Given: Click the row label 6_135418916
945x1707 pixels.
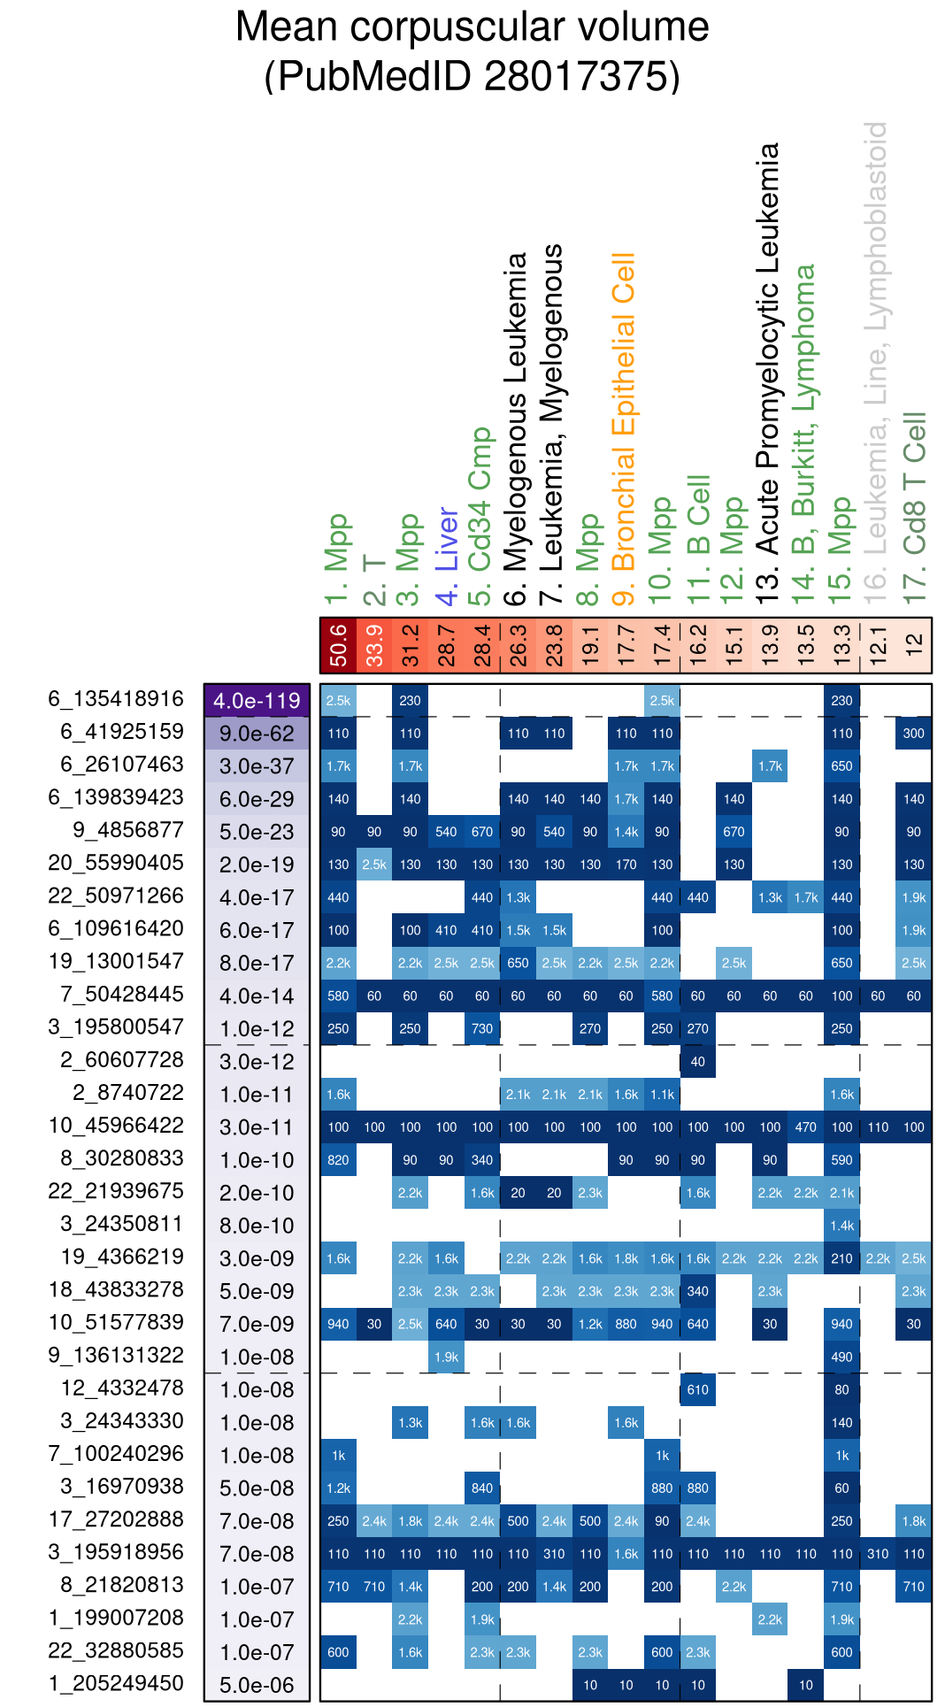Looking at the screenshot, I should pos(116,699).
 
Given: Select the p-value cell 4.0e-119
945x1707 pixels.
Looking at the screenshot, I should pos(257,701).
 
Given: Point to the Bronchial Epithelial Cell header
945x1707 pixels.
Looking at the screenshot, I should pos(624,425).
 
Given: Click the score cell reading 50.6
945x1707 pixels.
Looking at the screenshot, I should pos(338,645).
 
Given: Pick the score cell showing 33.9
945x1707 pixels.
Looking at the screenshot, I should pos(374,645).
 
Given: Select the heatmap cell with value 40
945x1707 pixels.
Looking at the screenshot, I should pos(698,1062).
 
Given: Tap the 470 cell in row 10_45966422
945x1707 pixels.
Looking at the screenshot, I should pos(806,1127).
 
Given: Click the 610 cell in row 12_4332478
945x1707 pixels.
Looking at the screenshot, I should pos(698,1389).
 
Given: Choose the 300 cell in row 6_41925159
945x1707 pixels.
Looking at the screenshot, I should pos(913,733).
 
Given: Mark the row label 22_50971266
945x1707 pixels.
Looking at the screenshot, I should pos(116,896).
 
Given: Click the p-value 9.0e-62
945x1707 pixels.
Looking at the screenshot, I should pos(257,734).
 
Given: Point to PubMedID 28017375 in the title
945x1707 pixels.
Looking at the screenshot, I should pos(472,77).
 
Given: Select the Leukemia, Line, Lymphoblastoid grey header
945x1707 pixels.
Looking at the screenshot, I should pos(875,363).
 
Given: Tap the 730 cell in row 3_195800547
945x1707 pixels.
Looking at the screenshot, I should pos(482,1029).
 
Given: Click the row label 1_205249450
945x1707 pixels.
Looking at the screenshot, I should pos(116,1683).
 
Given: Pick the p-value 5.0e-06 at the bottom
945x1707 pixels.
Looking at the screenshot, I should pos(257,1685).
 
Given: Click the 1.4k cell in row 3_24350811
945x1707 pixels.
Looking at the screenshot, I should pos(841,1226).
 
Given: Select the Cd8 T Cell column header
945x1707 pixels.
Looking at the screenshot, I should pos(913,509).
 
